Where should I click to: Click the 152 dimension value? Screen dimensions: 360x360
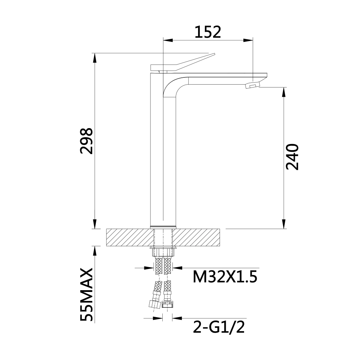click(208, 32)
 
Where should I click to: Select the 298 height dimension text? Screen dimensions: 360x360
click(87, 141)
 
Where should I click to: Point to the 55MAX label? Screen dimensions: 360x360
click(87, 294)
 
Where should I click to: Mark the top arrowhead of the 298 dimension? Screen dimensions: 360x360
click(95, 58)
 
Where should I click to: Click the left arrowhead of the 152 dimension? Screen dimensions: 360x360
click(168, 40)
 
